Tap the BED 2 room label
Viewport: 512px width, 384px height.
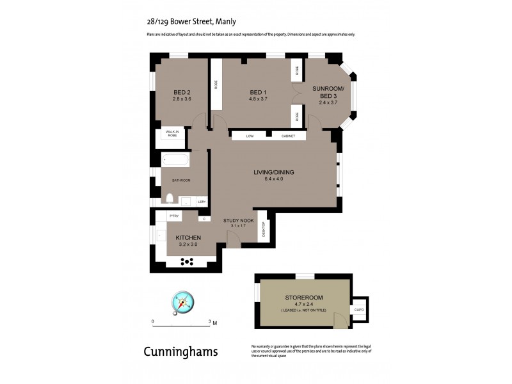click(x=182, y=92)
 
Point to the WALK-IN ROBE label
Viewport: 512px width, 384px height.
click(x=172, y=134)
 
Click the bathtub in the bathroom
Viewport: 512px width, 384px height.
click(x=175, y=160)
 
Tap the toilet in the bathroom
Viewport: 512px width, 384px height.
click(x=170, y=198)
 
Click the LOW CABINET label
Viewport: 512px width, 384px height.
click(x=268, y=136)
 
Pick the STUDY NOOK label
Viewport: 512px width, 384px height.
click(x=238, y=220)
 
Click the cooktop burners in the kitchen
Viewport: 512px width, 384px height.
click(x=188, y=261)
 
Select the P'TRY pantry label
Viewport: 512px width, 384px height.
click(x=173, y=216)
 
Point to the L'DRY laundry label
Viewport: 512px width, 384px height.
click(x=201, y=202)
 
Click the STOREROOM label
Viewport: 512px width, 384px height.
click(x=304, y=298)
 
